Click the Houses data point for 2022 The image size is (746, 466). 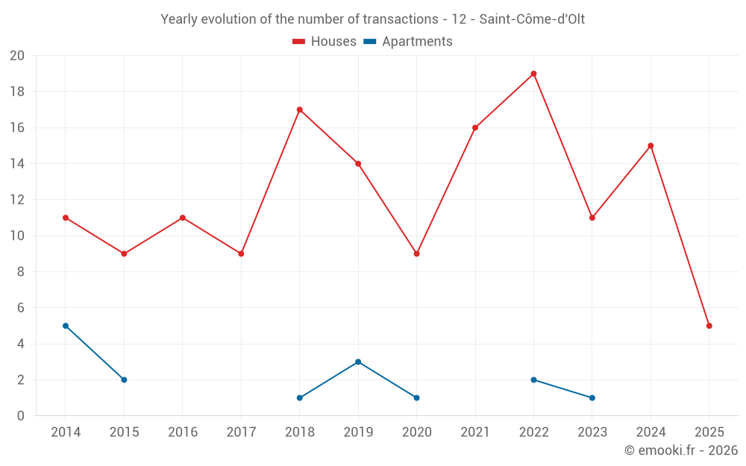(x=533, y=74)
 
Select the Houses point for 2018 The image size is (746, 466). (x=300, y=110)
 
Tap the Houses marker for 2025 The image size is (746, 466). (x=709, y=326)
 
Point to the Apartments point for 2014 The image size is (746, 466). (x=66, y=326)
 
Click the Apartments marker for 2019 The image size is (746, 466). (x=358, y=362)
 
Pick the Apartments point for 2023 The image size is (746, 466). (x=592, y=397)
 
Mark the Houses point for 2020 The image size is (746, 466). (x=417, y=254)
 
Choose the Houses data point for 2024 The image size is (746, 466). (x=651, y=145)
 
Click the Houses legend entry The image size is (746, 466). (x=325, y=42)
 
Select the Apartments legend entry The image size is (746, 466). (x=408, y=42)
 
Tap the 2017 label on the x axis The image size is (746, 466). (x=241, y=432)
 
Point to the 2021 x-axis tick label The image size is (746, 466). (x=475, y=432)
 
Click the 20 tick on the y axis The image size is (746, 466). (x=17, y=56)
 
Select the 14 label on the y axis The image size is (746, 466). (x=17, y=164)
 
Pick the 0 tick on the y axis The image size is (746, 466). (x=21, y=416)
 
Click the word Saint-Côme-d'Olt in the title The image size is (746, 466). (x=532, y=19)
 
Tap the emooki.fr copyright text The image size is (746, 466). (x=681, y=450)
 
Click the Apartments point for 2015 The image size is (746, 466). (x=124, y=380)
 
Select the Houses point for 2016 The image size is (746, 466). (x=183, y=218)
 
